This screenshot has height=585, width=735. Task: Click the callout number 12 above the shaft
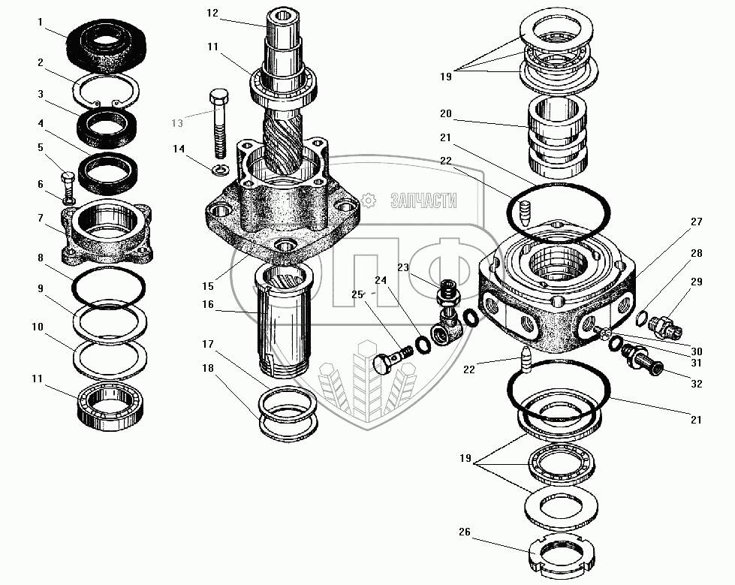click(212, 12)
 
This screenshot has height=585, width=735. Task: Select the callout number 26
click(464, 533)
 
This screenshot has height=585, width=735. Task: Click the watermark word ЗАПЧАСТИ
click(423, 200)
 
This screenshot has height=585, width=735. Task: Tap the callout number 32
click(697, 383)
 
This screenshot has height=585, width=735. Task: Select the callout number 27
click(696, 222)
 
